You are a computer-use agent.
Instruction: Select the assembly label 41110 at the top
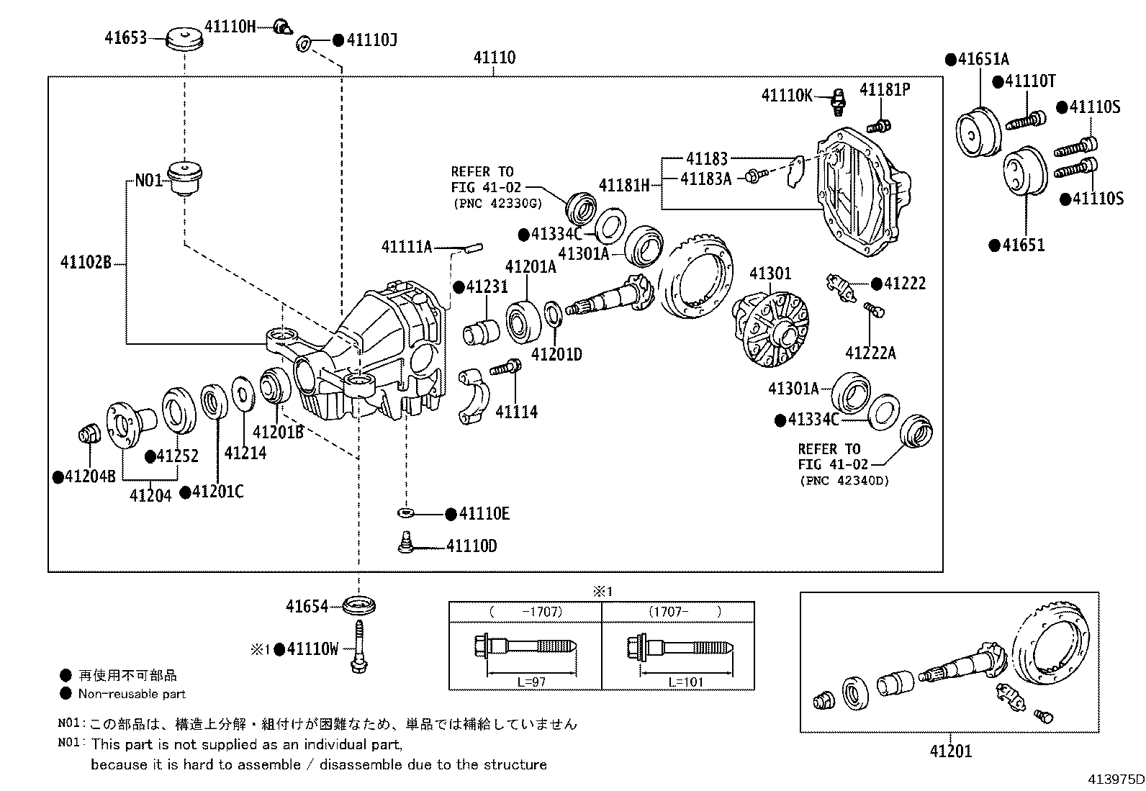[494, 58]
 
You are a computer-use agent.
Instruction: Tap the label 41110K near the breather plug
[787, 95]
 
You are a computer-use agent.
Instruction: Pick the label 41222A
[870, 353]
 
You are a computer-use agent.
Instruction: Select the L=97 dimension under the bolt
[531, 682]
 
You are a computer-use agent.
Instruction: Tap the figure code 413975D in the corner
[1115, 779]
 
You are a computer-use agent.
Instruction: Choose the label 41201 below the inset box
[950, 751]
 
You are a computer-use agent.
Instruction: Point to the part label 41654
[307, 607]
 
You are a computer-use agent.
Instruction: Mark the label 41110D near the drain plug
[472, 546]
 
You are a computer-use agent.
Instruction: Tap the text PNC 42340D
[844, 480]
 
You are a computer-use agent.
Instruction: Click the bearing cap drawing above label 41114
[474, 395]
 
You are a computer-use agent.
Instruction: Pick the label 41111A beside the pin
[407, 248]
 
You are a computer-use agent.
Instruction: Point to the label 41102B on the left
[86, 263]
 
